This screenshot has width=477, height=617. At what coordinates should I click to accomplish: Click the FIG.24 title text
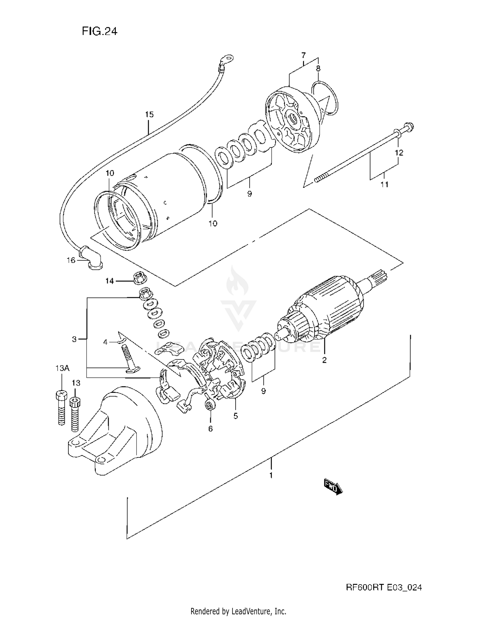point(100,31)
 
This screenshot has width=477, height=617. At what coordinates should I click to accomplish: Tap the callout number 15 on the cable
point(149,114)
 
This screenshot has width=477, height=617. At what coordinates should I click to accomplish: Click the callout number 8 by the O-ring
point(318,68)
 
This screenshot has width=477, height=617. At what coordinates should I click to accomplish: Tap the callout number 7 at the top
point(303,55)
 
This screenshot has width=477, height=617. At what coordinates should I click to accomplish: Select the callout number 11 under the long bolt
point(384,184)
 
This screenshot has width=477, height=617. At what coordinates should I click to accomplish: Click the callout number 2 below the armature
point(324,360)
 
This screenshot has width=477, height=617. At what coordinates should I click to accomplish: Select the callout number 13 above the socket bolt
point(76,383)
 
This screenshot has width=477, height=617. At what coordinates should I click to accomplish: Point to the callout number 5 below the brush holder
point(236,416)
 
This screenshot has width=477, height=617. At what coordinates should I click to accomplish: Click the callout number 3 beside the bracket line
point(74,339)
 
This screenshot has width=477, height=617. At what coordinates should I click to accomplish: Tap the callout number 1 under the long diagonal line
point(271,476)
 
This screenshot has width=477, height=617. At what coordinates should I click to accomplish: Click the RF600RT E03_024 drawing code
point(384,587)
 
